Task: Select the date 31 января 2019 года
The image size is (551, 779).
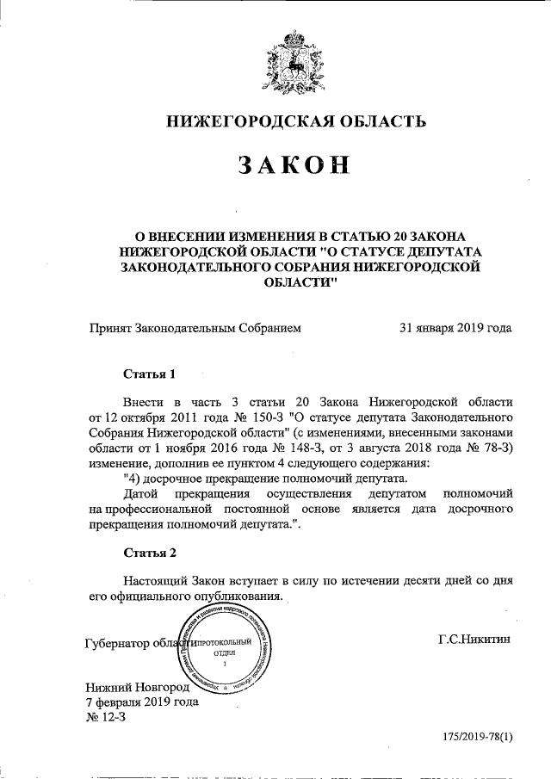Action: (x=455, y=328)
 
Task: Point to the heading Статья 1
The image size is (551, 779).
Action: (x=150, y=374)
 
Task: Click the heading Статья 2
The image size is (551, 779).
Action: (x=150, y=552)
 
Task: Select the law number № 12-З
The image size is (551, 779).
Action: (x=106, y=718)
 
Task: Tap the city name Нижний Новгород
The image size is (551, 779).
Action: (x=142, y=686)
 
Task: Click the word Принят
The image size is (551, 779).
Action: (x=109, y=328)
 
